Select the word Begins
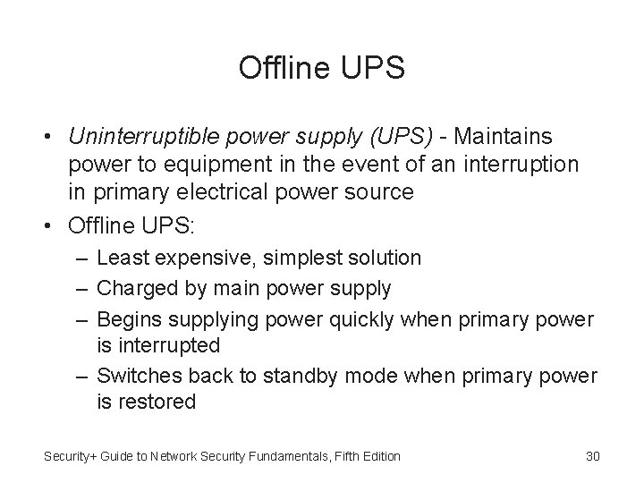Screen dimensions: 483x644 click(x=124, y=318)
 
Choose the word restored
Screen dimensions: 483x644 click(x=155, y=402)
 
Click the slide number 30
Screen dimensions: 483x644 click(x=591, y=457)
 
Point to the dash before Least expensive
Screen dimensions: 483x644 click(x=82, y=259)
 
